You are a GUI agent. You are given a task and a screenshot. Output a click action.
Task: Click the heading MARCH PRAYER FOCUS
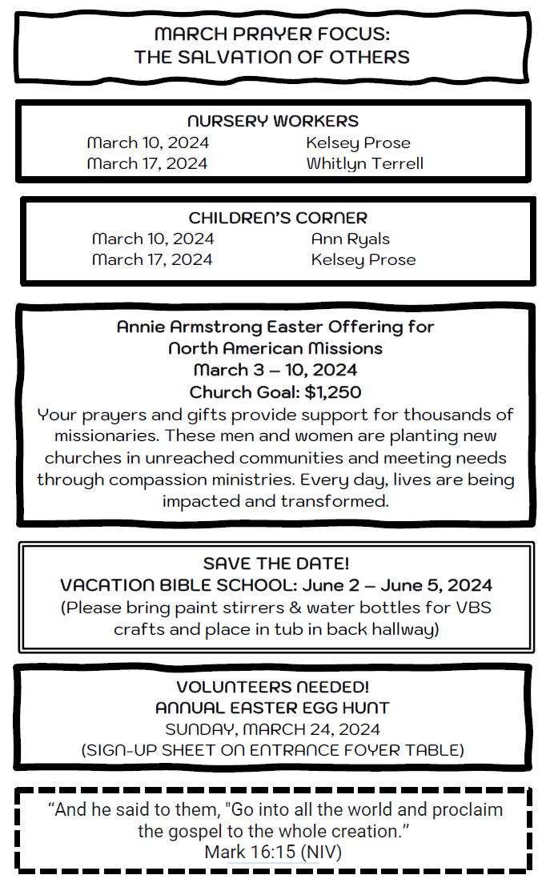point(271,34)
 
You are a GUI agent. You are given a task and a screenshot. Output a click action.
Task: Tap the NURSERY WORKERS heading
point(272,122)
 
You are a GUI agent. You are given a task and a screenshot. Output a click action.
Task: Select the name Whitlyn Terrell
point(364,163)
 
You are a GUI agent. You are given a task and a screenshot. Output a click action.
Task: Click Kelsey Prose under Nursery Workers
point(358,142)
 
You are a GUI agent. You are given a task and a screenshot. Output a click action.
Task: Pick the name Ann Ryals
point(350,239)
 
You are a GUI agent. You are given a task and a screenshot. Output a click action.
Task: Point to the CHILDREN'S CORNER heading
point(278,218)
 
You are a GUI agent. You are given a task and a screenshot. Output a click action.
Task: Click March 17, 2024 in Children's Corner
point(152,259)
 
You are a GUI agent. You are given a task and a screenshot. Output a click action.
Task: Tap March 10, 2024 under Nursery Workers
point(147,142)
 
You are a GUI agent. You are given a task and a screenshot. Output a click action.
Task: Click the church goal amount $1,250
point(332,392)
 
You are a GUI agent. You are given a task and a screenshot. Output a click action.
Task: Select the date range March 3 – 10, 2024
point(275,370)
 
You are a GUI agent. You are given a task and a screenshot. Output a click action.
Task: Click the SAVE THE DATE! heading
point(275,564)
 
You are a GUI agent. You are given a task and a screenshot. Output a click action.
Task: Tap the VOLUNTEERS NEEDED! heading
point(272,687)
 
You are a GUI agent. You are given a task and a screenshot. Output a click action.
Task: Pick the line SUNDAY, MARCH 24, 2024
point(272,729)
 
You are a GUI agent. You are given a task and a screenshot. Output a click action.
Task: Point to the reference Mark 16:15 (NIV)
point(272,852)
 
